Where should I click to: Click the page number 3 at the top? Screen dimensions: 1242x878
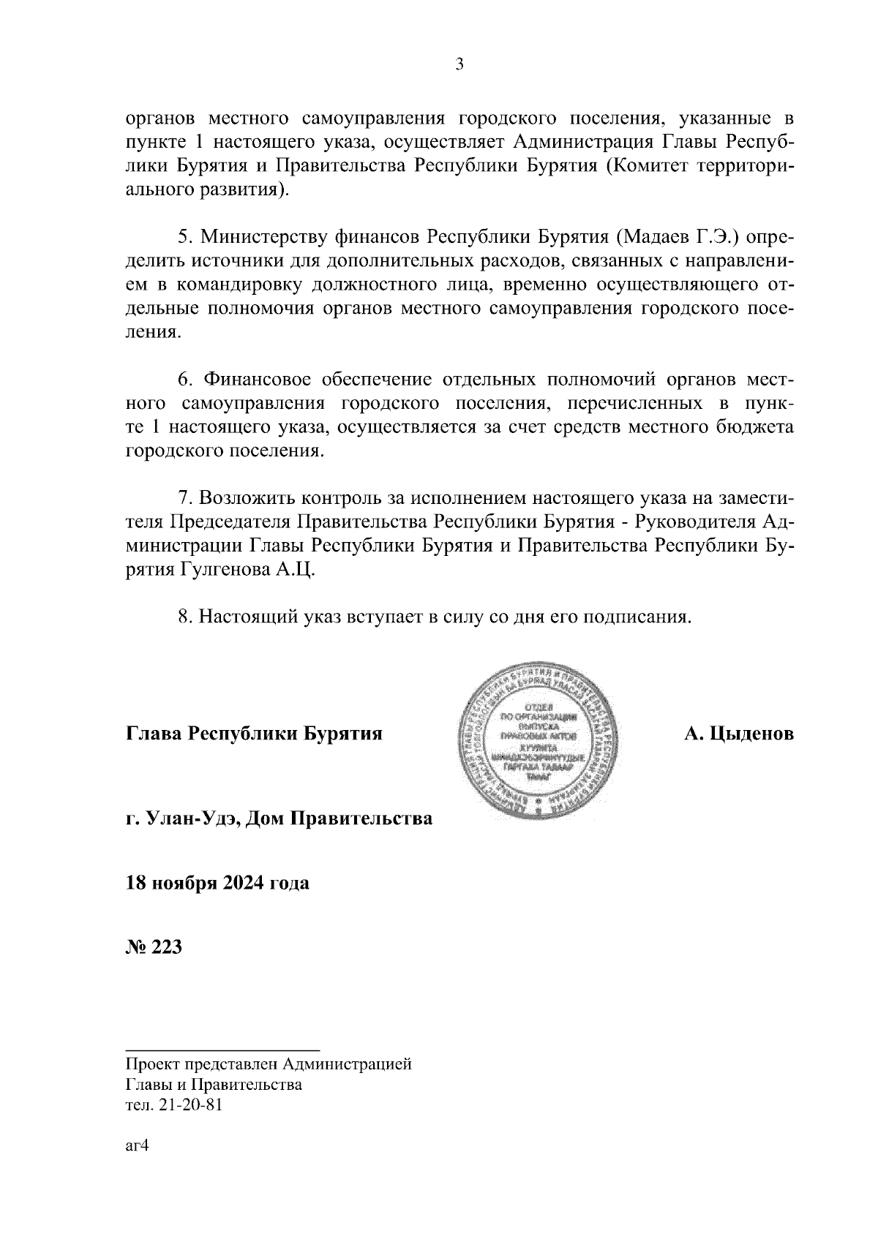459,65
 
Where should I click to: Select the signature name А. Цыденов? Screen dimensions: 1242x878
738,734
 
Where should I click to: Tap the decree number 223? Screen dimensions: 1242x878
165,947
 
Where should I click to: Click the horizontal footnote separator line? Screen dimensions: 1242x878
223,1050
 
